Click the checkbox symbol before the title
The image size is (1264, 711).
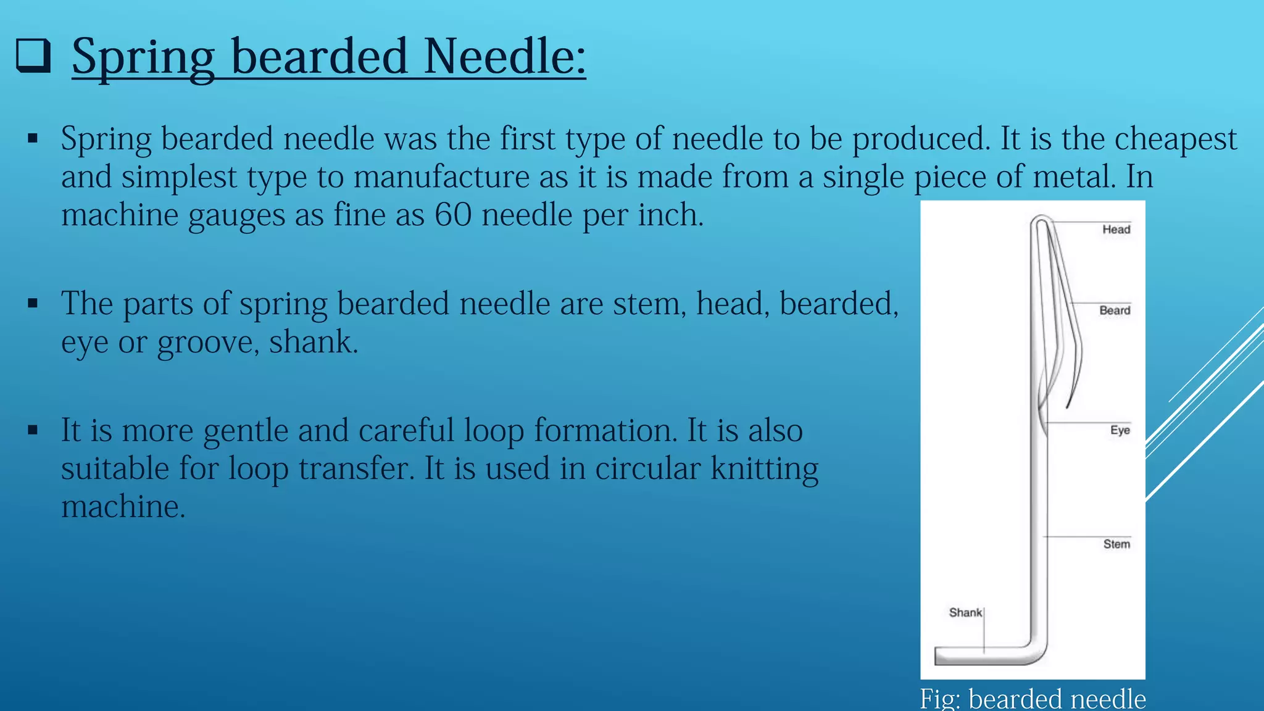point(33,56)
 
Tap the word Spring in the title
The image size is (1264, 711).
point(143,57)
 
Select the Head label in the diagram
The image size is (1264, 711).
point(1116,230)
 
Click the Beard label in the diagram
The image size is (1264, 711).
point(1115,310)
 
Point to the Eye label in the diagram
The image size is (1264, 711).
point(1120,430)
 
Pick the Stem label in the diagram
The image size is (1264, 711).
point(1116,544)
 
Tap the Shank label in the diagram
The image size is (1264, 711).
point(965,612)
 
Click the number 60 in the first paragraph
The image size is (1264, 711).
point(452,215)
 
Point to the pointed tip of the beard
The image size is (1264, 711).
point(1068,405)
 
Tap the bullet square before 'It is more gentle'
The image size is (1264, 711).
point(33,430)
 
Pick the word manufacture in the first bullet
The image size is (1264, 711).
point(441,177)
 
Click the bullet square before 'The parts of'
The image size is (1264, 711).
point(33,304)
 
